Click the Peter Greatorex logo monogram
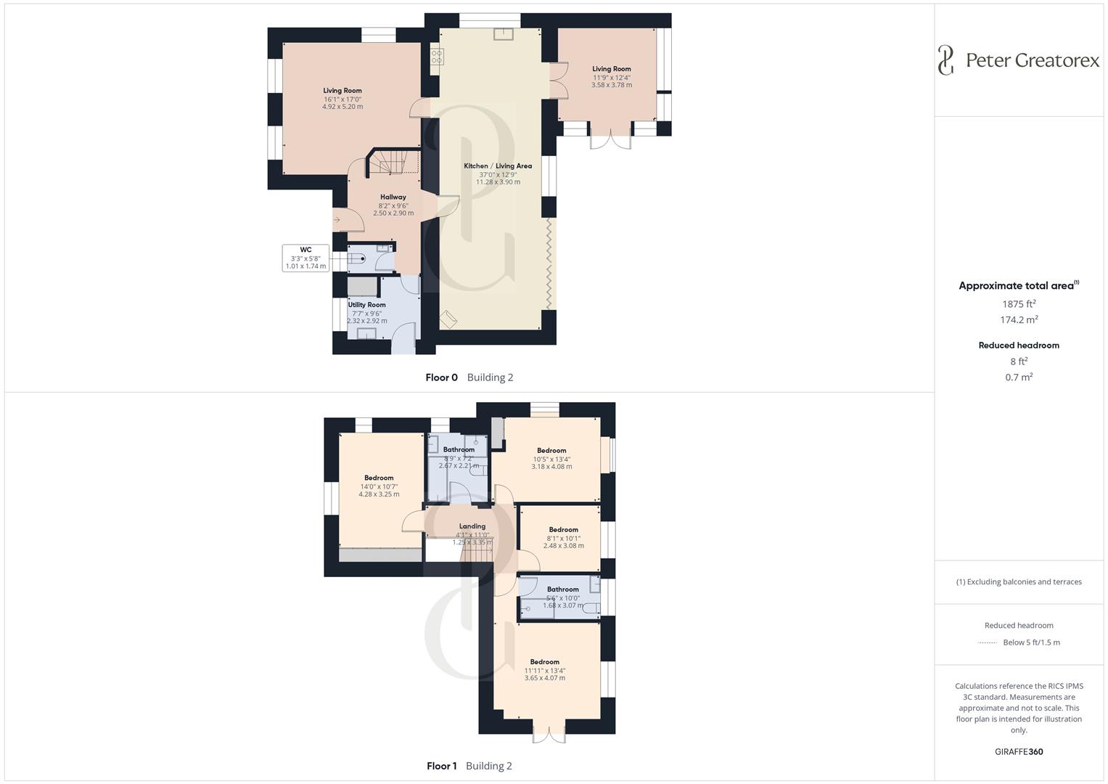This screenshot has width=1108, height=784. click(x=945, y=60)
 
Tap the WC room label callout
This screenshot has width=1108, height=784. click(x=305, y=258)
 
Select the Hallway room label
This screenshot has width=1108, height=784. click(x=393, y=197)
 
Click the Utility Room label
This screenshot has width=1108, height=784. click(x=366, y=305)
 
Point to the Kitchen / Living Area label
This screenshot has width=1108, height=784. click(x=498, y=166)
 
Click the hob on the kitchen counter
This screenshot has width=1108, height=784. click(x=437, y=55)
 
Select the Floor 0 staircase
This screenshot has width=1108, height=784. click(x=393, y=163)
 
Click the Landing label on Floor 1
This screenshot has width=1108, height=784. click(x=472, y=526)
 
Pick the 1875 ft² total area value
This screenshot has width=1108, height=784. click(x=1019, y=304)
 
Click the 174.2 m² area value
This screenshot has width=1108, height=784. click(x=1019, y=320)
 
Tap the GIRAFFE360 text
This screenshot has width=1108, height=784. click(x=1019, y=752)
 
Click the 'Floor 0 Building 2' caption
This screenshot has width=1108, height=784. click(x=469, y=377)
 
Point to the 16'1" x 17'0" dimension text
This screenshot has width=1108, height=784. click(x=342, y=99)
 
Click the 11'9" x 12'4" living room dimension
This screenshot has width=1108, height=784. click(x=612, y=77)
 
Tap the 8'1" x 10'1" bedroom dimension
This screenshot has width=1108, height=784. click(x=563, y=538)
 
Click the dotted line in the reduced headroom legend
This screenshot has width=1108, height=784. click(x=987, y=643)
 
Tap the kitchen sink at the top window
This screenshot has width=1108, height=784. click(x=504, y=34)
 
